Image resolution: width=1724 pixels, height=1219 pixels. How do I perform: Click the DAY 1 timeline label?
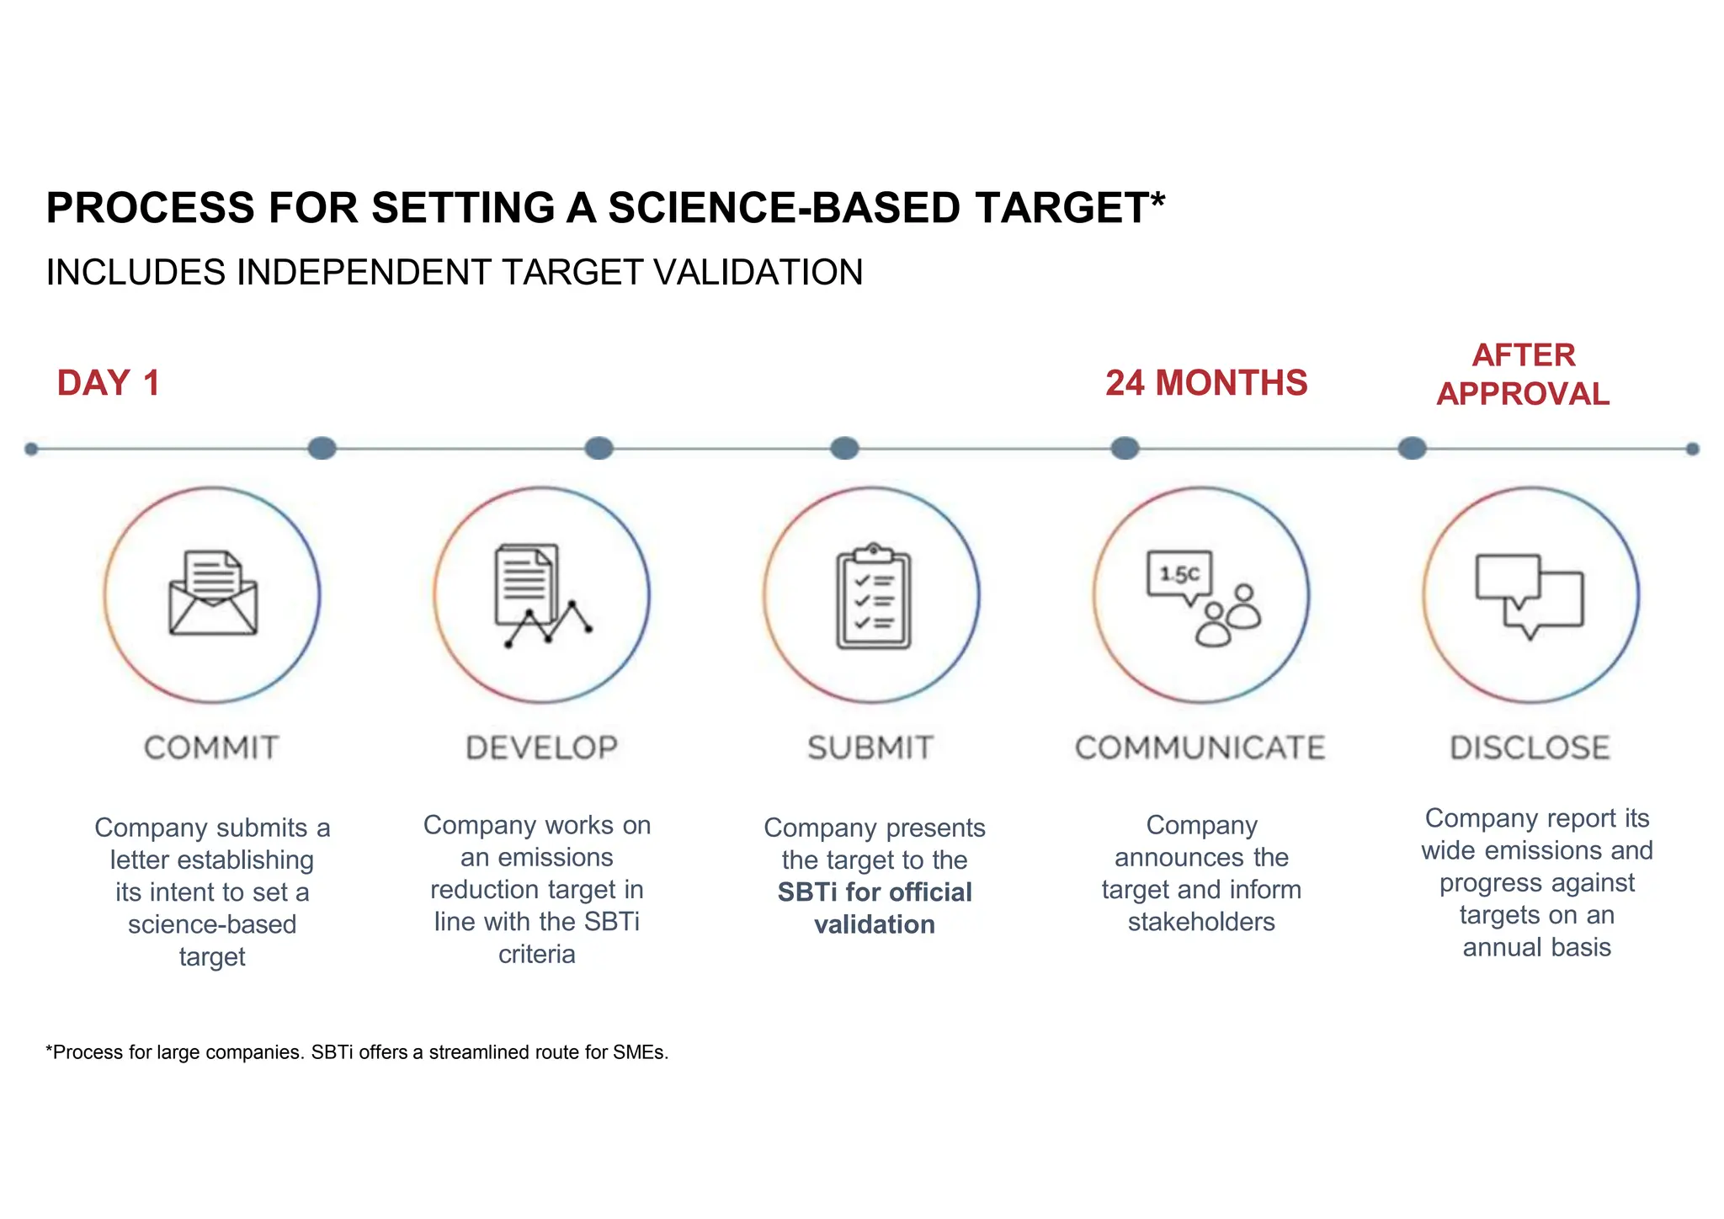(108, 383)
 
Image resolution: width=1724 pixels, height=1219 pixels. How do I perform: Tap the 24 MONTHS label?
(1205, 383)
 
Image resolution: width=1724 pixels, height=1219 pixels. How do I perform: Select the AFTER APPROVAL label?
(1523, 375)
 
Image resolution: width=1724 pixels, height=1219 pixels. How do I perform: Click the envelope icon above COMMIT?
(213, 594)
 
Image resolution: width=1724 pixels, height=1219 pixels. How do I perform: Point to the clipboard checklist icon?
(873, 596)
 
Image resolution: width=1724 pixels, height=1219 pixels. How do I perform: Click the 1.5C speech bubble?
(1180, 576)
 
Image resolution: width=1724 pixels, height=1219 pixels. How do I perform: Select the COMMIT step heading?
(211, 748)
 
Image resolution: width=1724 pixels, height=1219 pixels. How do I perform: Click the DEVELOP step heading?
(542, 748)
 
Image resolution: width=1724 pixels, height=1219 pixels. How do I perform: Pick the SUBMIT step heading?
(870, 748)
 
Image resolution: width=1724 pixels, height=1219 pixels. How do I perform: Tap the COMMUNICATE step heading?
(1200, 748)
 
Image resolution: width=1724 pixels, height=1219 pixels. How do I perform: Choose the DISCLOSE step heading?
(1530, 748)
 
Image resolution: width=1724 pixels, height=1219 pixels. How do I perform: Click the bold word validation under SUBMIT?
(874, 924)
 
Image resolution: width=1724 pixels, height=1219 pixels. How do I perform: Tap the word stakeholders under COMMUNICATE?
(1201, 922)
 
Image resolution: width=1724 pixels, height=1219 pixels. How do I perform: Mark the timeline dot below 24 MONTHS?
(1125, 448)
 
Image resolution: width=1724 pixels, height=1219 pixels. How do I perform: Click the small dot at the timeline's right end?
(1692, 449)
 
